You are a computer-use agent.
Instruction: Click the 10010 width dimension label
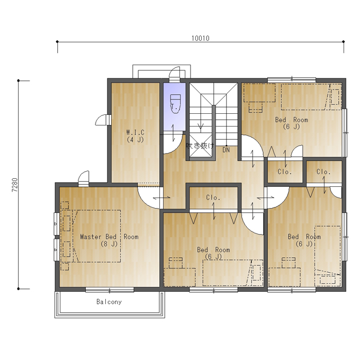(201, 38)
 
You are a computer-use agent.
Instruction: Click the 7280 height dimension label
(15, 185)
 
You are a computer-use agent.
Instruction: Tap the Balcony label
(109, 301)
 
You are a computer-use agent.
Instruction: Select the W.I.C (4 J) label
(136, 136)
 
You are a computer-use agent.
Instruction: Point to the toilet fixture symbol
(175, 104)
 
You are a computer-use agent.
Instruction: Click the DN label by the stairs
(226, 150)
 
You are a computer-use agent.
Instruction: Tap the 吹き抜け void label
(200, 146)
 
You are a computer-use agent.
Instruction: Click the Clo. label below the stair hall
(213, 197)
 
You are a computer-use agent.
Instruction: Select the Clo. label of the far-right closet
(323, 172)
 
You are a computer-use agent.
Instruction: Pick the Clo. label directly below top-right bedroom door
(284, 172)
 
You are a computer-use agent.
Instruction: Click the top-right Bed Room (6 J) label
(292, 123)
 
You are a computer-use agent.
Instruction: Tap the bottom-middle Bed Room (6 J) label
(213, 253)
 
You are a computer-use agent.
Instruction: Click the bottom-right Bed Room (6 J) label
(304, 240)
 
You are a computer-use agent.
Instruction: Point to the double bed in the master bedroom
(96, 236)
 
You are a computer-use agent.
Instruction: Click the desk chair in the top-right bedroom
(256, 107)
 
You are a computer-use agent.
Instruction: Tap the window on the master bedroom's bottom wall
(110, 290)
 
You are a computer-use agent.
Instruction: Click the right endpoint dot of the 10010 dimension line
(344, 41)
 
